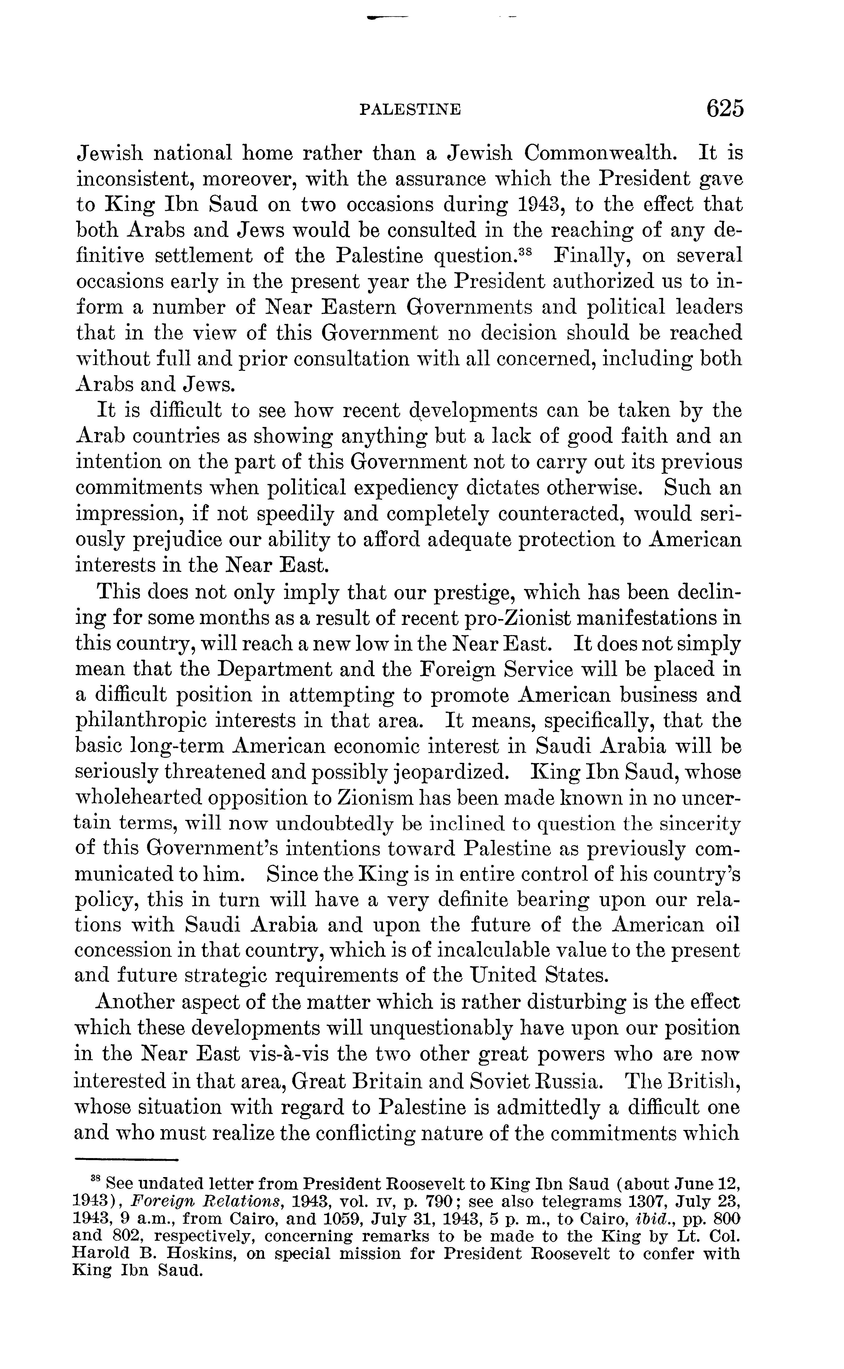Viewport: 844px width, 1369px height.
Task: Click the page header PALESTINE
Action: click(x=410, y=109)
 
